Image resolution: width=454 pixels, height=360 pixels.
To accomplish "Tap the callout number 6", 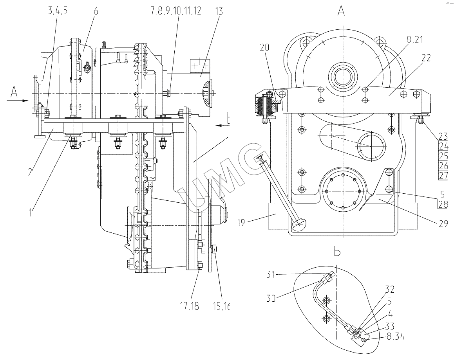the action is [x=96, y=11].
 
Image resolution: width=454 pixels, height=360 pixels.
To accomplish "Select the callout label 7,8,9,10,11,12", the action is [x=176, y=11].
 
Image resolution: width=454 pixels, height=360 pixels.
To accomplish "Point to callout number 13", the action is [x=219, y=11].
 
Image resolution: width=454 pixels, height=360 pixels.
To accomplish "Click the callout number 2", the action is [x=31, y=172].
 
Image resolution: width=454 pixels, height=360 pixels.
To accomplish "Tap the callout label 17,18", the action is [x=190, y=306].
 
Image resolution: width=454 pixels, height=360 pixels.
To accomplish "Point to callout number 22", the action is [x=426, y=58].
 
